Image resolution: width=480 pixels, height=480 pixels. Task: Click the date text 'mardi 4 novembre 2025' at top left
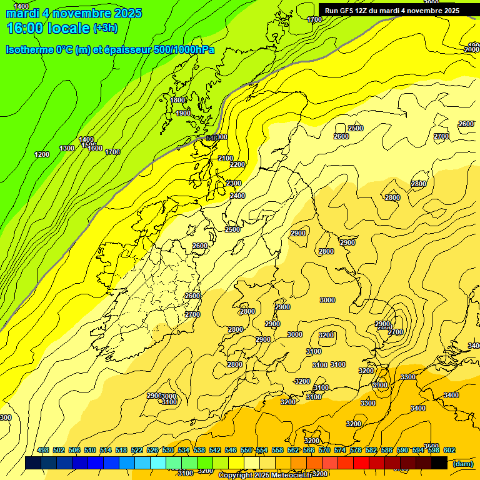(74, 13)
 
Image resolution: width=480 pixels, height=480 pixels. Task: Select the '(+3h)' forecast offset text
(105, 28)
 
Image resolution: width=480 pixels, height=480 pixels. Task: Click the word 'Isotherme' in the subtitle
(29, 50)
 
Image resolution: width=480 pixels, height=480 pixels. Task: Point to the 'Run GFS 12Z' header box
(392, 11)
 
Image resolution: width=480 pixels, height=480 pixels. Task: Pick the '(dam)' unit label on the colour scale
(462, 463)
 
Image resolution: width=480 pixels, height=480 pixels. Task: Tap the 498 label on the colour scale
(43, 451)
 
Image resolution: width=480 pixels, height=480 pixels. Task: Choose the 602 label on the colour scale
(449, 451)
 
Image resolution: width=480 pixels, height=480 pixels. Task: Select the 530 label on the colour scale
(168, 451)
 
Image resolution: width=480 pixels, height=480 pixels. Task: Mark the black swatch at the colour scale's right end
(439, 462)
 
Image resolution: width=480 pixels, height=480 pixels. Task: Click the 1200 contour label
(42, 154)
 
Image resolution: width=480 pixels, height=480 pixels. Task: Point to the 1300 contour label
(67, 148)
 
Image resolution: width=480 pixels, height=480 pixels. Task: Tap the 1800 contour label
(178, 100)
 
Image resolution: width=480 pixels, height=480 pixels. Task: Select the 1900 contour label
(183, 113)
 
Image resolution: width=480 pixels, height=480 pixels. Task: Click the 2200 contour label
(237, 164)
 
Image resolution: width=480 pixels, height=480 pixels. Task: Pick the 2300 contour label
(234, 183)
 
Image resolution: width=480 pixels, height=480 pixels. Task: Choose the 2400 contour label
(237, 196)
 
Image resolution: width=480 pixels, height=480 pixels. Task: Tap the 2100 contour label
(226, 158)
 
